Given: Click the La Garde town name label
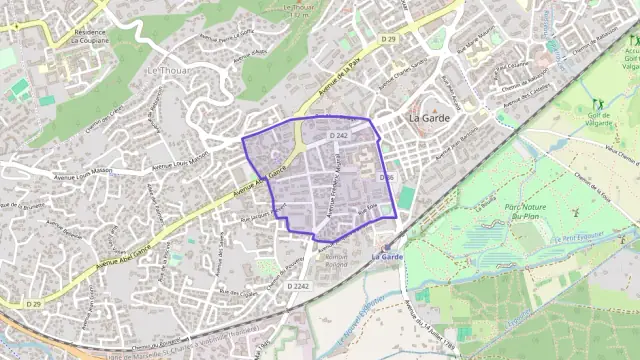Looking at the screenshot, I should tap(430, 117).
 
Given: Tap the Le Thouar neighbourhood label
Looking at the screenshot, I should tap(165, 72).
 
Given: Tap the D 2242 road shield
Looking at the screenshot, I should tap(298, 286).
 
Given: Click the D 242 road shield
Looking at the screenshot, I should tap(338, 134).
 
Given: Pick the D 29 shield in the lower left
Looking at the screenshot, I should tap(34, 304).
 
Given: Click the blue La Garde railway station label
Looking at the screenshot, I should tap(386, 256).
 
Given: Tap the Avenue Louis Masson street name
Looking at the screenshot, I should tap(180, 165).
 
